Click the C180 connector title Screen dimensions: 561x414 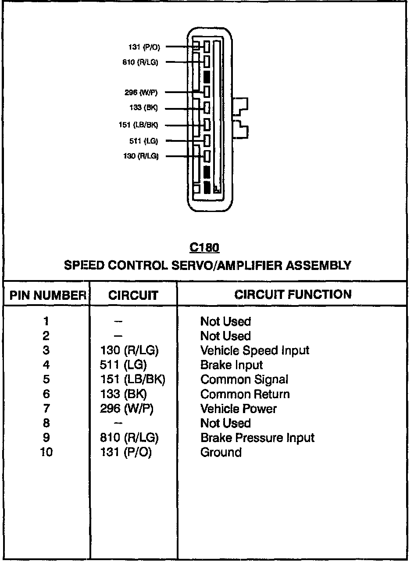(204, 248)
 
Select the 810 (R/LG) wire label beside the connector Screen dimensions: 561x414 (140, 62)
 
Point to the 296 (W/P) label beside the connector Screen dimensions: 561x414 (141, 92)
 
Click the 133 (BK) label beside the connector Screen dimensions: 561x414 (143, 108)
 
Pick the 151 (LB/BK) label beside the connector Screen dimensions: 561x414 (138, 125)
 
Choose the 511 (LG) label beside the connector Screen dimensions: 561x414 (143, 141)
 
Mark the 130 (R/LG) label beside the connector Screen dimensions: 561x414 (141, 156)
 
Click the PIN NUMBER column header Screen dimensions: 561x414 (47, 295)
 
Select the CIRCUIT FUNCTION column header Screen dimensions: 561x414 (293, 295)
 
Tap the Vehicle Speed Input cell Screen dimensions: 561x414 (255, 350)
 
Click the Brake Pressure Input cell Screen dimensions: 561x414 (257, 438)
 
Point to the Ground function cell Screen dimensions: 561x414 (221, 452)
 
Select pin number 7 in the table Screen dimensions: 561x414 (46, 409)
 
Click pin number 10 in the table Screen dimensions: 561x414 (46, 452)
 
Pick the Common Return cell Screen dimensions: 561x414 (245, 394)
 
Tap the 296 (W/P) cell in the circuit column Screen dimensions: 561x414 (127, 409)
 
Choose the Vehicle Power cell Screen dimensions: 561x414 (239, 409)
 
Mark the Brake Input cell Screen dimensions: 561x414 (232, 365)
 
